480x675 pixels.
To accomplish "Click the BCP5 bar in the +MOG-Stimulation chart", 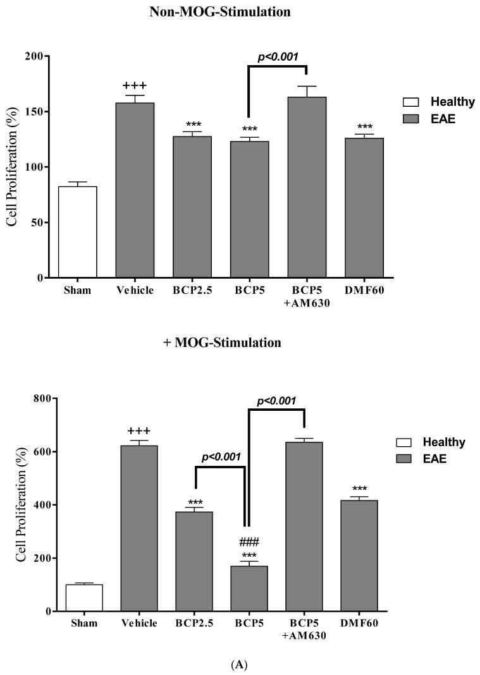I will tap(249, 588).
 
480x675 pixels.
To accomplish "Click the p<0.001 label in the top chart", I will tap(278, 58).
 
